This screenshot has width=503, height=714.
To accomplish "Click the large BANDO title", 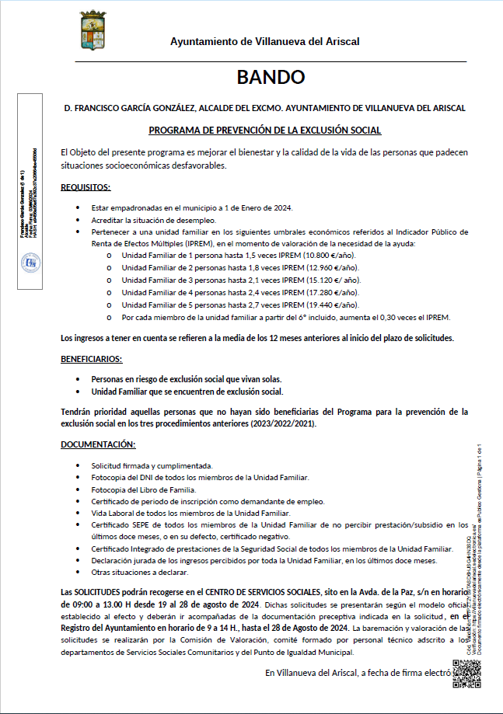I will pyautogui.click(x=271, y=77).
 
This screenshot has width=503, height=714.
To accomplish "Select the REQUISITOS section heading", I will pyautogui.click(x=86, y=187).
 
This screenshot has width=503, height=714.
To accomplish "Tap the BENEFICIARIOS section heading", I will pyautogui.click(x=91, y=359).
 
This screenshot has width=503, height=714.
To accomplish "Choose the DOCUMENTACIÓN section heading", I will pyautogui.click(x=98, y=444).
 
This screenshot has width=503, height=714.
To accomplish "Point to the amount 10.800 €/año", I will pyautogui.click(x=330, y=255).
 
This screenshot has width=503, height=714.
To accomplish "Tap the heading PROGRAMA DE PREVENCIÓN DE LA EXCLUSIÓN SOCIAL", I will pyautogui.click(x=264, y=131).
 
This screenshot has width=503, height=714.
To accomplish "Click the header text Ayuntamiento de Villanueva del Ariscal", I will pyautogui.click(x=264, y=42).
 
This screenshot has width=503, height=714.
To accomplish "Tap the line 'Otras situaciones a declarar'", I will pyautogui.click(x=139, y=572).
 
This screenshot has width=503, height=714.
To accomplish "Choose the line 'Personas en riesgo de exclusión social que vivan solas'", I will pyautogui.click(x=185, y=378).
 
